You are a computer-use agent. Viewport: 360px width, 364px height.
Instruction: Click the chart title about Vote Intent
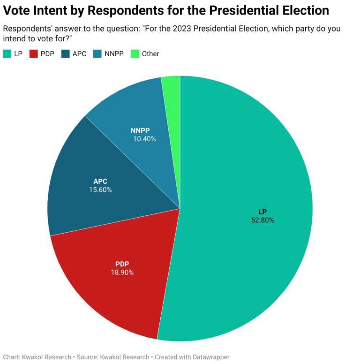(166, 11)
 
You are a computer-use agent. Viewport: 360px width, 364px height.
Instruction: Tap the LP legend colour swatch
(7, 54)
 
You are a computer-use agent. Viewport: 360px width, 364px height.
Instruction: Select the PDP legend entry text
(47, 54)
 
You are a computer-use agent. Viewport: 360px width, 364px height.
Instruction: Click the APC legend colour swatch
(65, 54)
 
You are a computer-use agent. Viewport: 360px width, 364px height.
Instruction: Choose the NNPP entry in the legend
(114, 54)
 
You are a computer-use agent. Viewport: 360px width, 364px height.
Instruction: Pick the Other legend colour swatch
(135, 54)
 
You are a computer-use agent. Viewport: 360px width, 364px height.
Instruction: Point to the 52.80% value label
(262, 220)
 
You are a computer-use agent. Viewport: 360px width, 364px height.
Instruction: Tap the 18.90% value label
(122, 272)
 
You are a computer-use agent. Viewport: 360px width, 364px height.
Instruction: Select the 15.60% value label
(100, 190)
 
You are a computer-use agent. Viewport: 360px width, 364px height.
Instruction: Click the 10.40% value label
(143, 139)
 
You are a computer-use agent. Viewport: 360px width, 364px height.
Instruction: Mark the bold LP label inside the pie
(262, 212)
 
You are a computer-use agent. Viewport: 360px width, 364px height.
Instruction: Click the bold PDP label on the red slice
(122, 264)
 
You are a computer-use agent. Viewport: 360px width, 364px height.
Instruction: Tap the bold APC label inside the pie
(100, 182)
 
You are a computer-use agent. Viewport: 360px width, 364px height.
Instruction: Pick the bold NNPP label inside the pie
(143, 130)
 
